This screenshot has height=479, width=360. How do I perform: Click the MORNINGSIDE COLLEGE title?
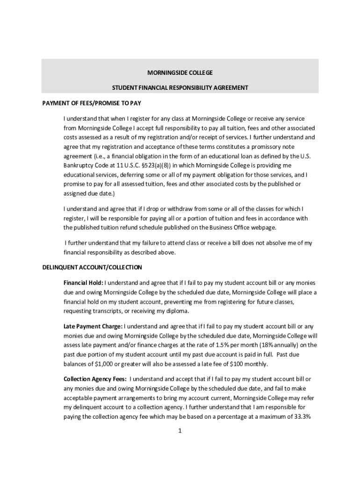click(x=180, y=73)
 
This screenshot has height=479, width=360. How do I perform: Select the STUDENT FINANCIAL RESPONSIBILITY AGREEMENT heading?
click(x=180, y=87)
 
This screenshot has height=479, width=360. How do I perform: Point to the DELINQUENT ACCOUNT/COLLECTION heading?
click(x=92, y=268)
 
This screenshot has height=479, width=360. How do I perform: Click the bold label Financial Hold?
click(x=83, y=283)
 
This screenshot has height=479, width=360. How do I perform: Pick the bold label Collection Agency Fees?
click(x=95, y=379)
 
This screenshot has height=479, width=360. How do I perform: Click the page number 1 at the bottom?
click(x=180, y=432)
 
